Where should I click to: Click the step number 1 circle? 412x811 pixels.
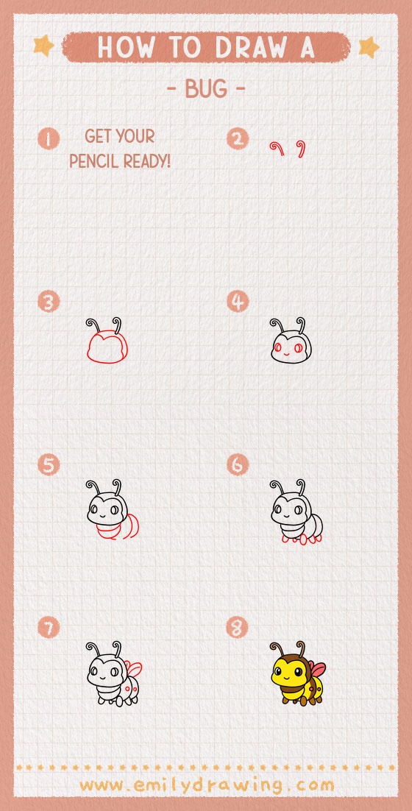coord(49,138)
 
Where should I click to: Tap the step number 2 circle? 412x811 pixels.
coord(238,138)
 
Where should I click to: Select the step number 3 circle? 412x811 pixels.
coord(49,302)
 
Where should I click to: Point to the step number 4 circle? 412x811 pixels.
coord(238,302)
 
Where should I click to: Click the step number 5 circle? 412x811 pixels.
coord(49,465)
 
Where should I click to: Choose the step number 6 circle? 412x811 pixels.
coord(238,465)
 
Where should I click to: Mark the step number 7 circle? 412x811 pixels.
coord(49,628)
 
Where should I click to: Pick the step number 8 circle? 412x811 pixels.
coord(238,628)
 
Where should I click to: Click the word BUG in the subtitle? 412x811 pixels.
coord(206,90)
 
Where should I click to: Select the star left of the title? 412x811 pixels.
coord(44,46)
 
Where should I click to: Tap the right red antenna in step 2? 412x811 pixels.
coord(302,148)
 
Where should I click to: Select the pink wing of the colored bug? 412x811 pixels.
coord(317,669)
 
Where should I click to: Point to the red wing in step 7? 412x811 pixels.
coord(134,668)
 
